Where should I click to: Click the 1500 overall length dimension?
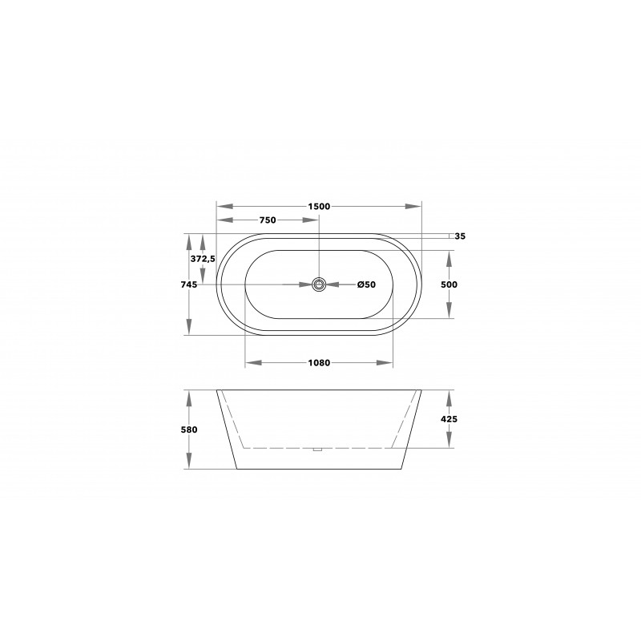click(x=319, y=206)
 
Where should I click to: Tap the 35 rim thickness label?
click(x=460, y=236)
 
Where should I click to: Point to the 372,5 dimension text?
click(x=203, y=259)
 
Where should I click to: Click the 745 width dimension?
click(x=190, y=284)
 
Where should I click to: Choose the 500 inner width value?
click(x=449, y=284)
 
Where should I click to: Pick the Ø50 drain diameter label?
click(x=365, y=284)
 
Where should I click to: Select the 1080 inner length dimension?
click(x=319, y=363)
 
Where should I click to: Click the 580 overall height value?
click(x=190, y=429)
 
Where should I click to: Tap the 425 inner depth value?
click(x=449, y=418)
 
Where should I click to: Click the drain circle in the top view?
click(x=319, y=284)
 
